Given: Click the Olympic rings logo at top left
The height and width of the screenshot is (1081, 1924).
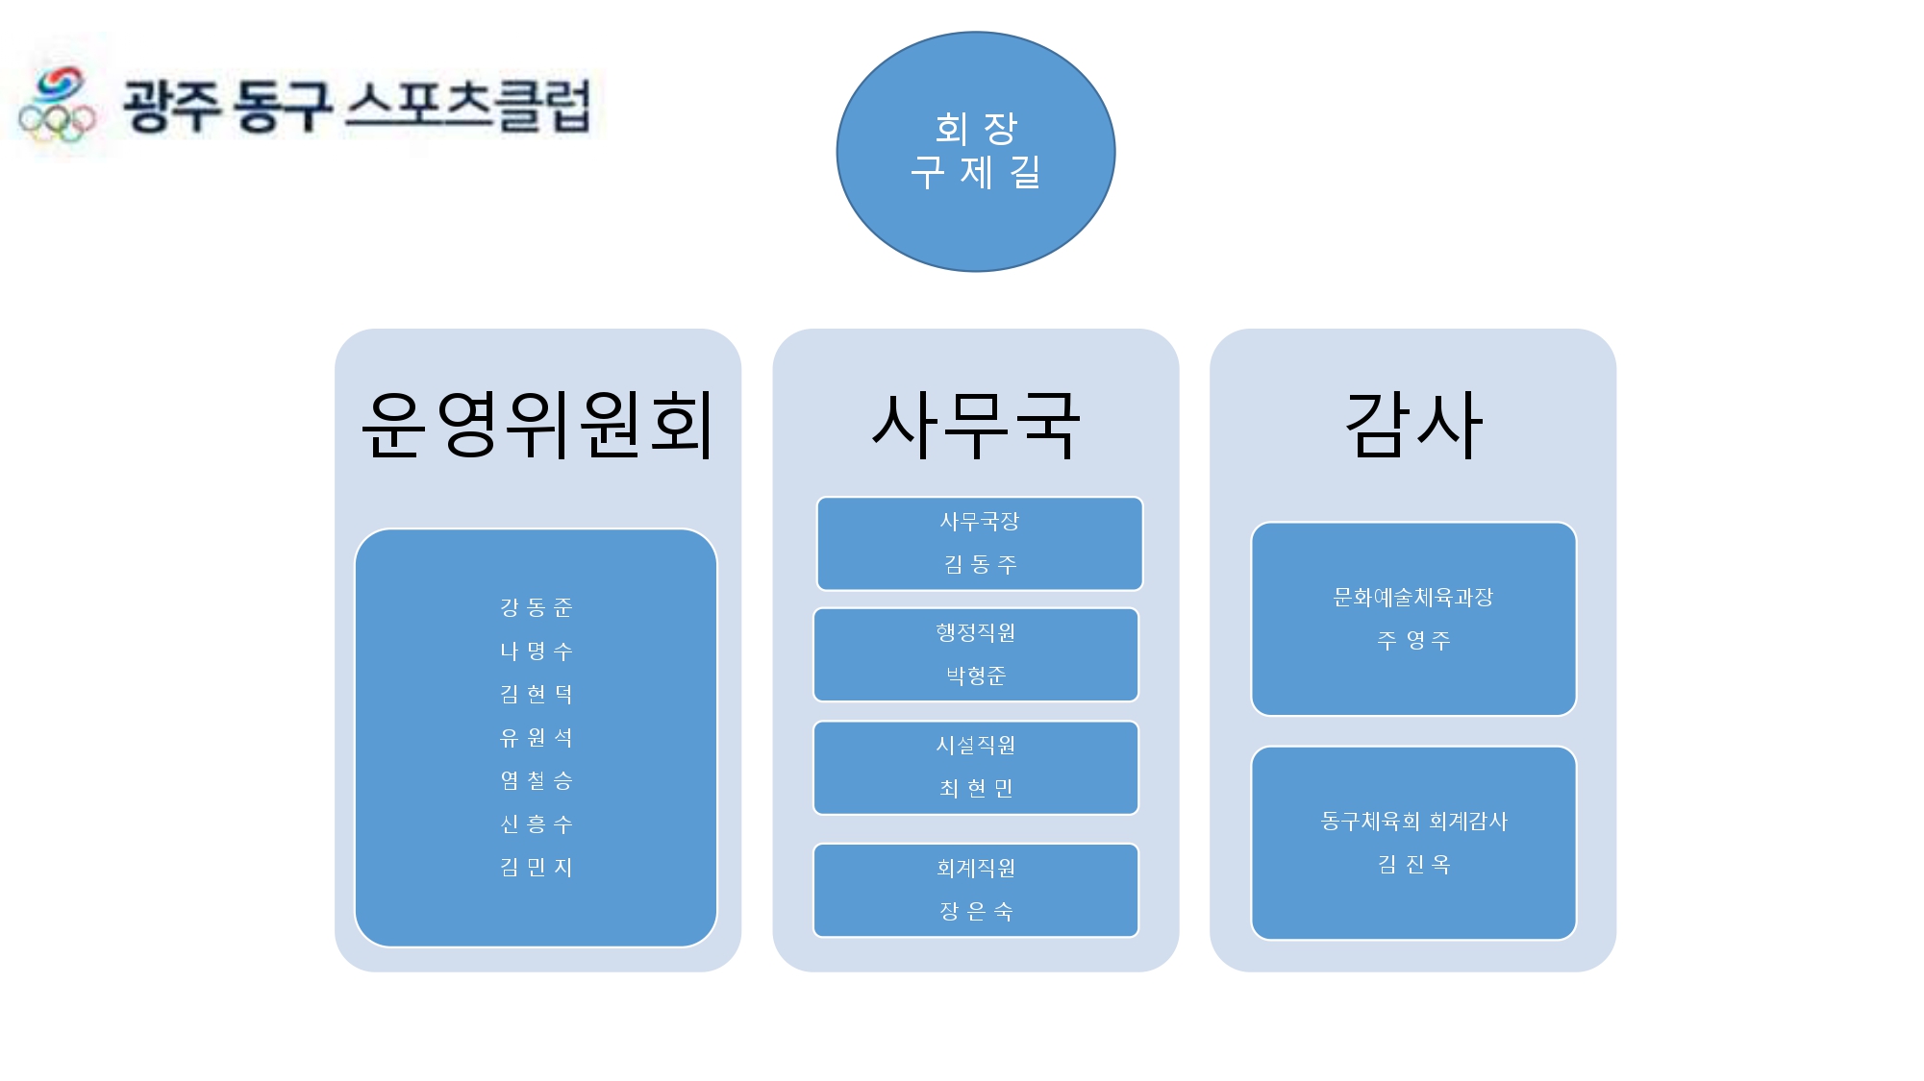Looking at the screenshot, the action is (58, 106).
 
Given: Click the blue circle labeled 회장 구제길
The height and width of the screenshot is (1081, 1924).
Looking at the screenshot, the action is (976, 152).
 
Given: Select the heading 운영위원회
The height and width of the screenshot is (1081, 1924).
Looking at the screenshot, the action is (537, 425).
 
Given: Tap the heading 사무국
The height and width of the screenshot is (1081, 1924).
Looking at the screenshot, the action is (976, 425).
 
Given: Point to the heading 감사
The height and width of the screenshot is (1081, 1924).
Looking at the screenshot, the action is (1413, 425).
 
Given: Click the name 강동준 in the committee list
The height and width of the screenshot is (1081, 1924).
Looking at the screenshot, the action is (537, 607).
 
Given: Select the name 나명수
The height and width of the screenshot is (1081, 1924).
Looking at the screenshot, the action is (537, 651).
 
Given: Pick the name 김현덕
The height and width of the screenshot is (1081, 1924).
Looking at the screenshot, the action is (537, 694).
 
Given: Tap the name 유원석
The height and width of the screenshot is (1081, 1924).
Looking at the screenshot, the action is (537, 737).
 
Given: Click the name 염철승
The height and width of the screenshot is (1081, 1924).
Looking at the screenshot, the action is (537, 780).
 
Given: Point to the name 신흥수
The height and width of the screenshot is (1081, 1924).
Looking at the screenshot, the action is (537, 823).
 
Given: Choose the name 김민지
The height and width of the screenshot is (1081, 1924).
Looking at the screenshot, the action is (537, 867).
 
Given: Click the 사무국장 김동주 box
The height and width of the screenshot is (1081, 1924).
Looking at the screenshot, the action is (980, 543).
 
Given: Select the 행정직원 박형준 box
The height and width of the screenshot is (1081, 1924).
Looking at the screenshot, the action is (976, 654).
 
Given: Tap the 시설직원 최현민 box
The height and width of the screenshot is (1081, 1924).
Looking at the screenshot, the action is (976, 768).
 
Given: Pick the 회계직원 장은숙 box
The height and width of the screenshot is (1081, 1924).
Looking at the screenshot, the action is (976, 890).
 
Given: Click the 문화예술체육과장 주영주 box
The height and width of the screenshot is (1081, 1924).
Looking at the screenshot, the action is (1413, 619).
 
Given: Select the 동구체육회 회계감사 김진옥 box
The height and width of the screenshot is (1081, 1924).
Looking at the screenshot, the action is (1413, 843).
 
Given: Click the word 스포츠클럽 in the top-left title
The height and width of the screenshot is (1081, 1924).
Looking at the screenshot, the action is (468, 106).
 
